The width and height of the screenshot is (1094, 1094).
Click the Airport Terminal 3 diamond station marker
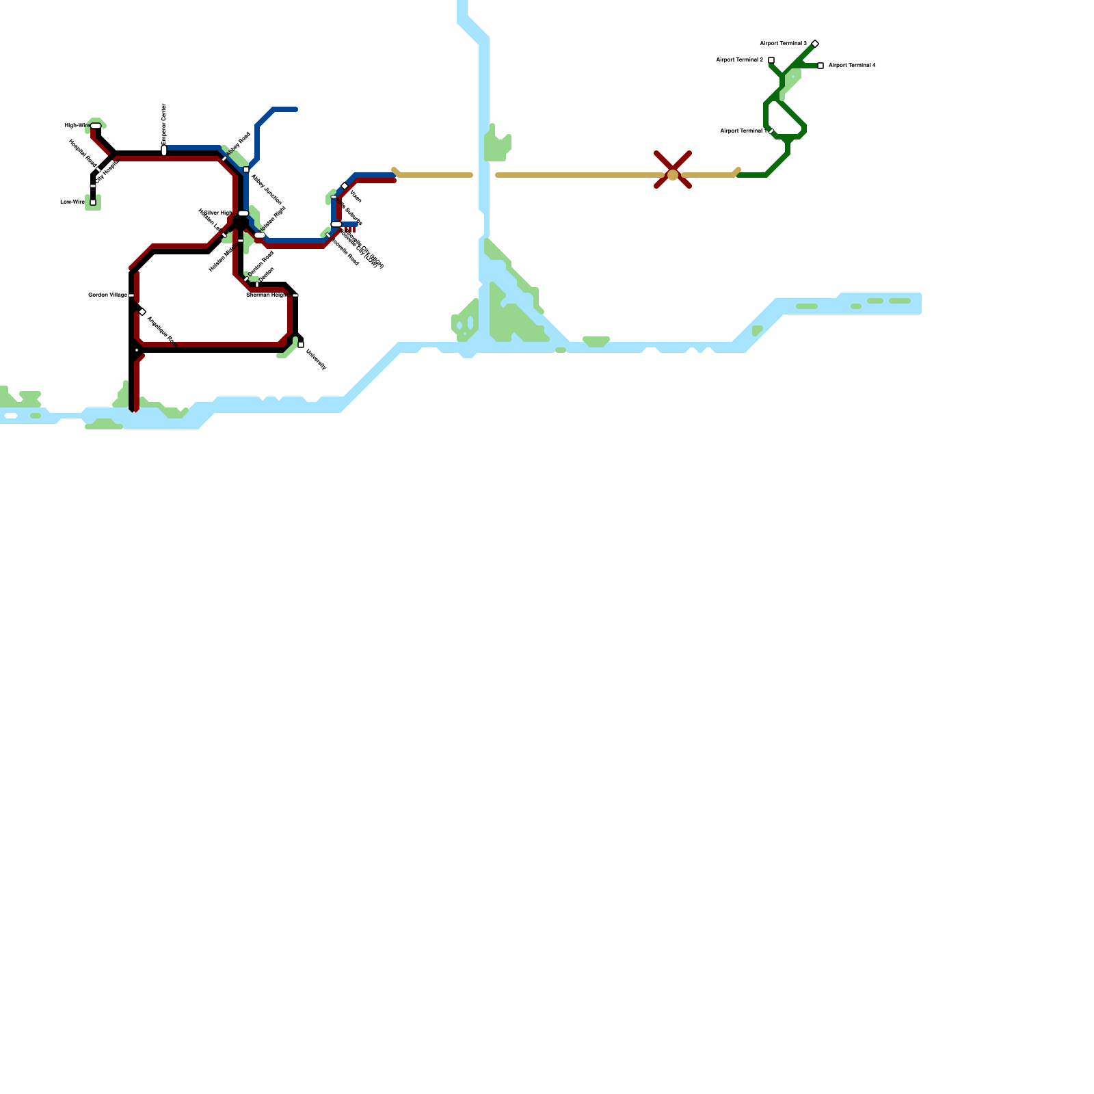(x=815, y=44)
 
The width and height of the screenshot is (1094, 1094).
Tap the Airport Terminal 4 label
(x=852, y=66)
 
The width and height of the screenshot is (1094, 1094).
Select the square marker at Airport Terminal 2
(x=771, y=60)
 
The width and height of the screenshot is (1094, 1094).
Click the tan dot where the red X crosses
(x=673, y=175)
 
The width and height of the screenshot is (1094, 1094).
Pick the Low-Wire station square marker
(x=93, y=202)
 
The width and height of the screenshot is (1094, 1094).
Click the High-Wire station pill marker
(x=96, y=126)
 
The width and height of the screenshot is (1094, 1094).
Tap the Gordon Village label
(x=107, y=295)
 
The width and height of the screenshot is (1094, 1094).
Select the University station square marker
(x=301, y=345)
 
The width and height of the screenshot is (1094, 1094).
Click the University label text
(x=316, y=360)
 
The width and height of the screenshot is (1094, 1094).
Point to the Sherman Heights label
(x=267, y=295)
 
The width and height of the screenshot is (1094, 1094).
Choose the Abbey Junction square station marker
(x=246, y=170)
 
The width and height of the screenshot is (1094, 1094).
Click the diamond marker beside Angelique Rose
(x=142, y=312)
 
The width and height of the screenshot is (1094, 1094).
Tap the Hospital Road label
(x=82, y=153)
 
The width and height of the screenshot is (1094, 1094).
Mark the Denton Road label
(x=261, y=263)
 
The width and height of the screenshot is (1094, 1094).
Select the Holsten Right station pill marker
(x=260, y=235)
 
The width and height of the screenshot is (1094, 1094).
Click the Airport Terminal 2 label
(x=739, y=60)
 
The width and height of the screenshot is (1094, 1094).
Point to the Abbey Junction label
(x=267, y=189)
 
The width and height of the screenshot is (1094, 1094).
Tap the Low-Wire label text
(x=72, y=202)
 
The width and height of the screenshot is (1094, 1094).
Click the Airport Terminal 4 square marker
(x=820, y=66)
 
